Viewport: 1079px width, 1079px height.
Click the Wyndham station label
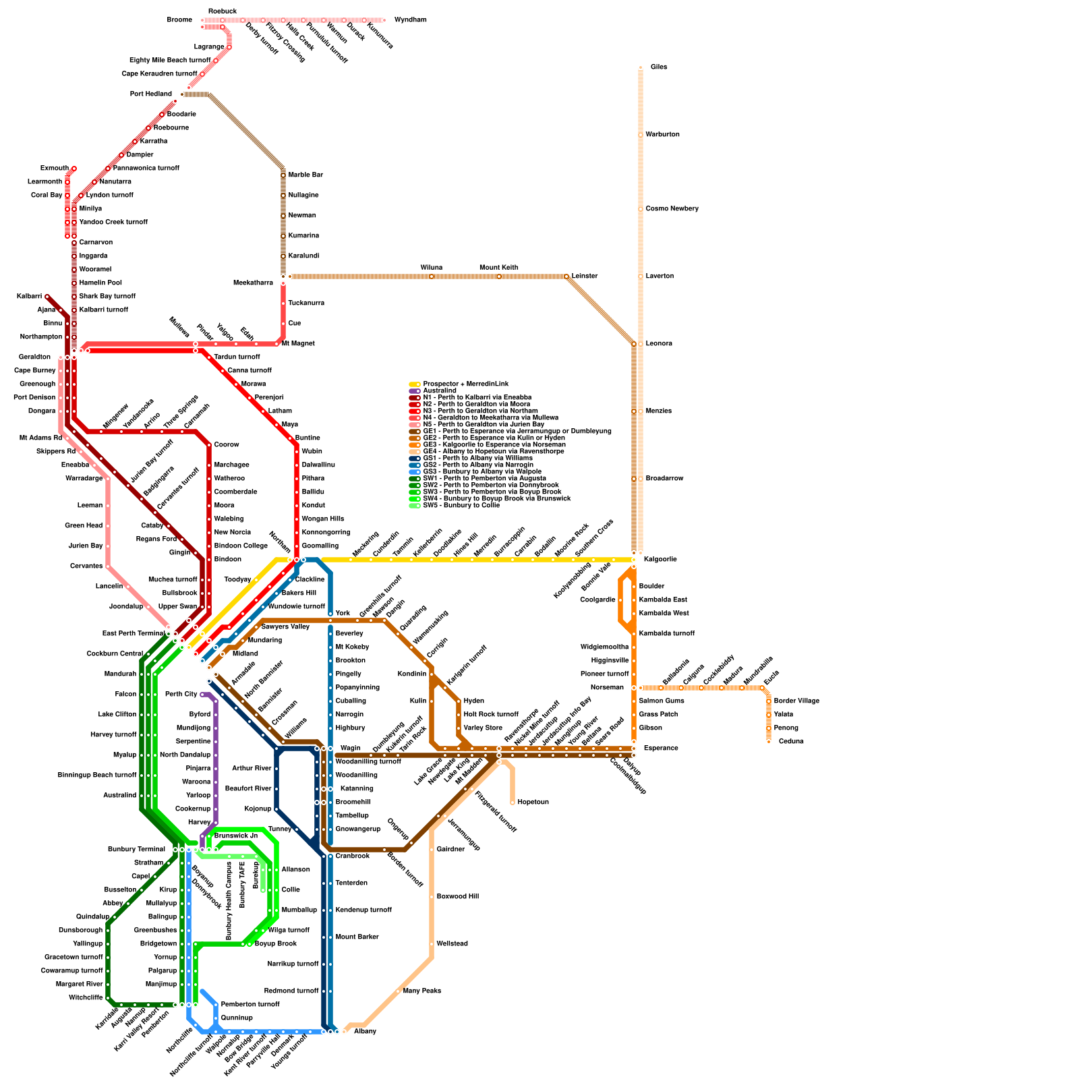[x=410, y=20]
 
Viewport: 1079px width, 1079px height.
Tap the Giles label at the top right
[x=659, y=67]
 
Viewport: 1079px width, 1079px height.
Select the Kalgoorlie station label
[x=660, y=560]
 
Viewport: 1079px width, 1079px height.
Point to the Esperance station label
[x=661, y=749]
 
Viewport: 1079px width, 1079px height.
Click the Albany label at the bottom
[x=365, y=1032]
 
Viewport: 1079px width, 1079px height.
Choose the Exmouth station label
[x=54, y=169]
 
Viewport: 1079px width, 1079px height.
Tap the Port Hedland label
[x=151, y=94]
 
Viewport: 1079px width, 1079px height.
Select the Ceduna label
[x=791, y=742]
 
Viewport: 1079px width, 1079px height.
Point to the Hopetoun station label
[x=533, y=803]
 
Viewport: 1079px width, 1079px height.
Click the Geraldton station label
[x=34, y=357]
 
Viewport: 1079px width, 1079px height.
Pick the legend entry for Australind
[x=440, y=391]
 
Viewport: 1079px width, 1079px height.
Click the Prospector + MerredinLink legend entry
[x=465, y=384]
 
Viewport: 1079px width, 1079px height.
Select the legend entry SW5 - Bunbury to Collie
[x=461, y=506]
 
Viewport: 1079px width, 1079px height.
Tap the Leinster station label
[x=585, y=276]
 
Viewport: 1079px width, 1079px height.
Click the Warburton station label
[x=662, y=135]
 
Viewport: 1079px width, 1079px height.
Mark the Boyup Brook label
[x=275, y=944]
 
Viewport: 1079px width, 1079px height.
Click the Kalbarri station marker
[x=47, y=297]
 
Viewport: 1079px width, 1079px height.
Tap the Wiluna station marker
[x=432, y=276]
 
